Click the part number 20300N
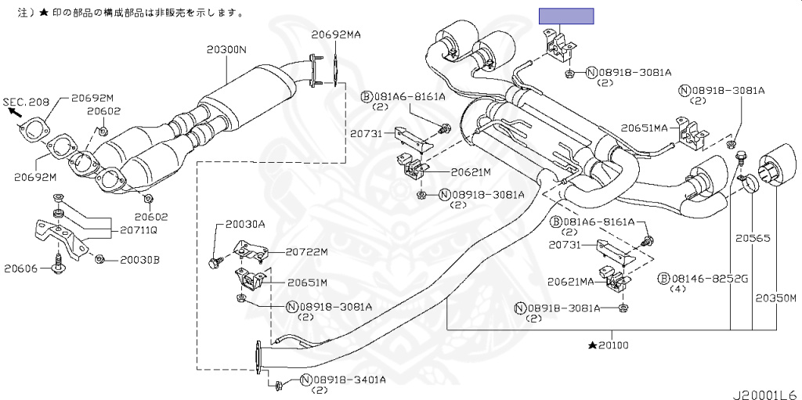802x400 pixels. (x=226, y=49)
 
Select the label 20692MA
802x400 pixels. (x=336, y=34)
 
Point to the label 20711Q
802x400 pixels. (x=138, y=230)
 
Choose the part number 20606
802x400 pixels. (x=20, y=268)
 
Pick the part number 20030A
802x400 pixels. (x=245, y=225)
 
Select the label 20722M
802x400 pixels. (x=306, y=252)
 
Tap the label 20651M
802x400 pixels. (x=307, y=283)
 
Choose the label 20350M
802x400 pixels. (x=775, y=298)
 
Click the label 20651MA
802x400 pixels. (x=645, y=127)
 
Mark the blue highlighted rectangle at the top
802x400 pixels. (x=566, y=16)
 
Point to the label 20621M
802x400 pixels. (x=469, y=172)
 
